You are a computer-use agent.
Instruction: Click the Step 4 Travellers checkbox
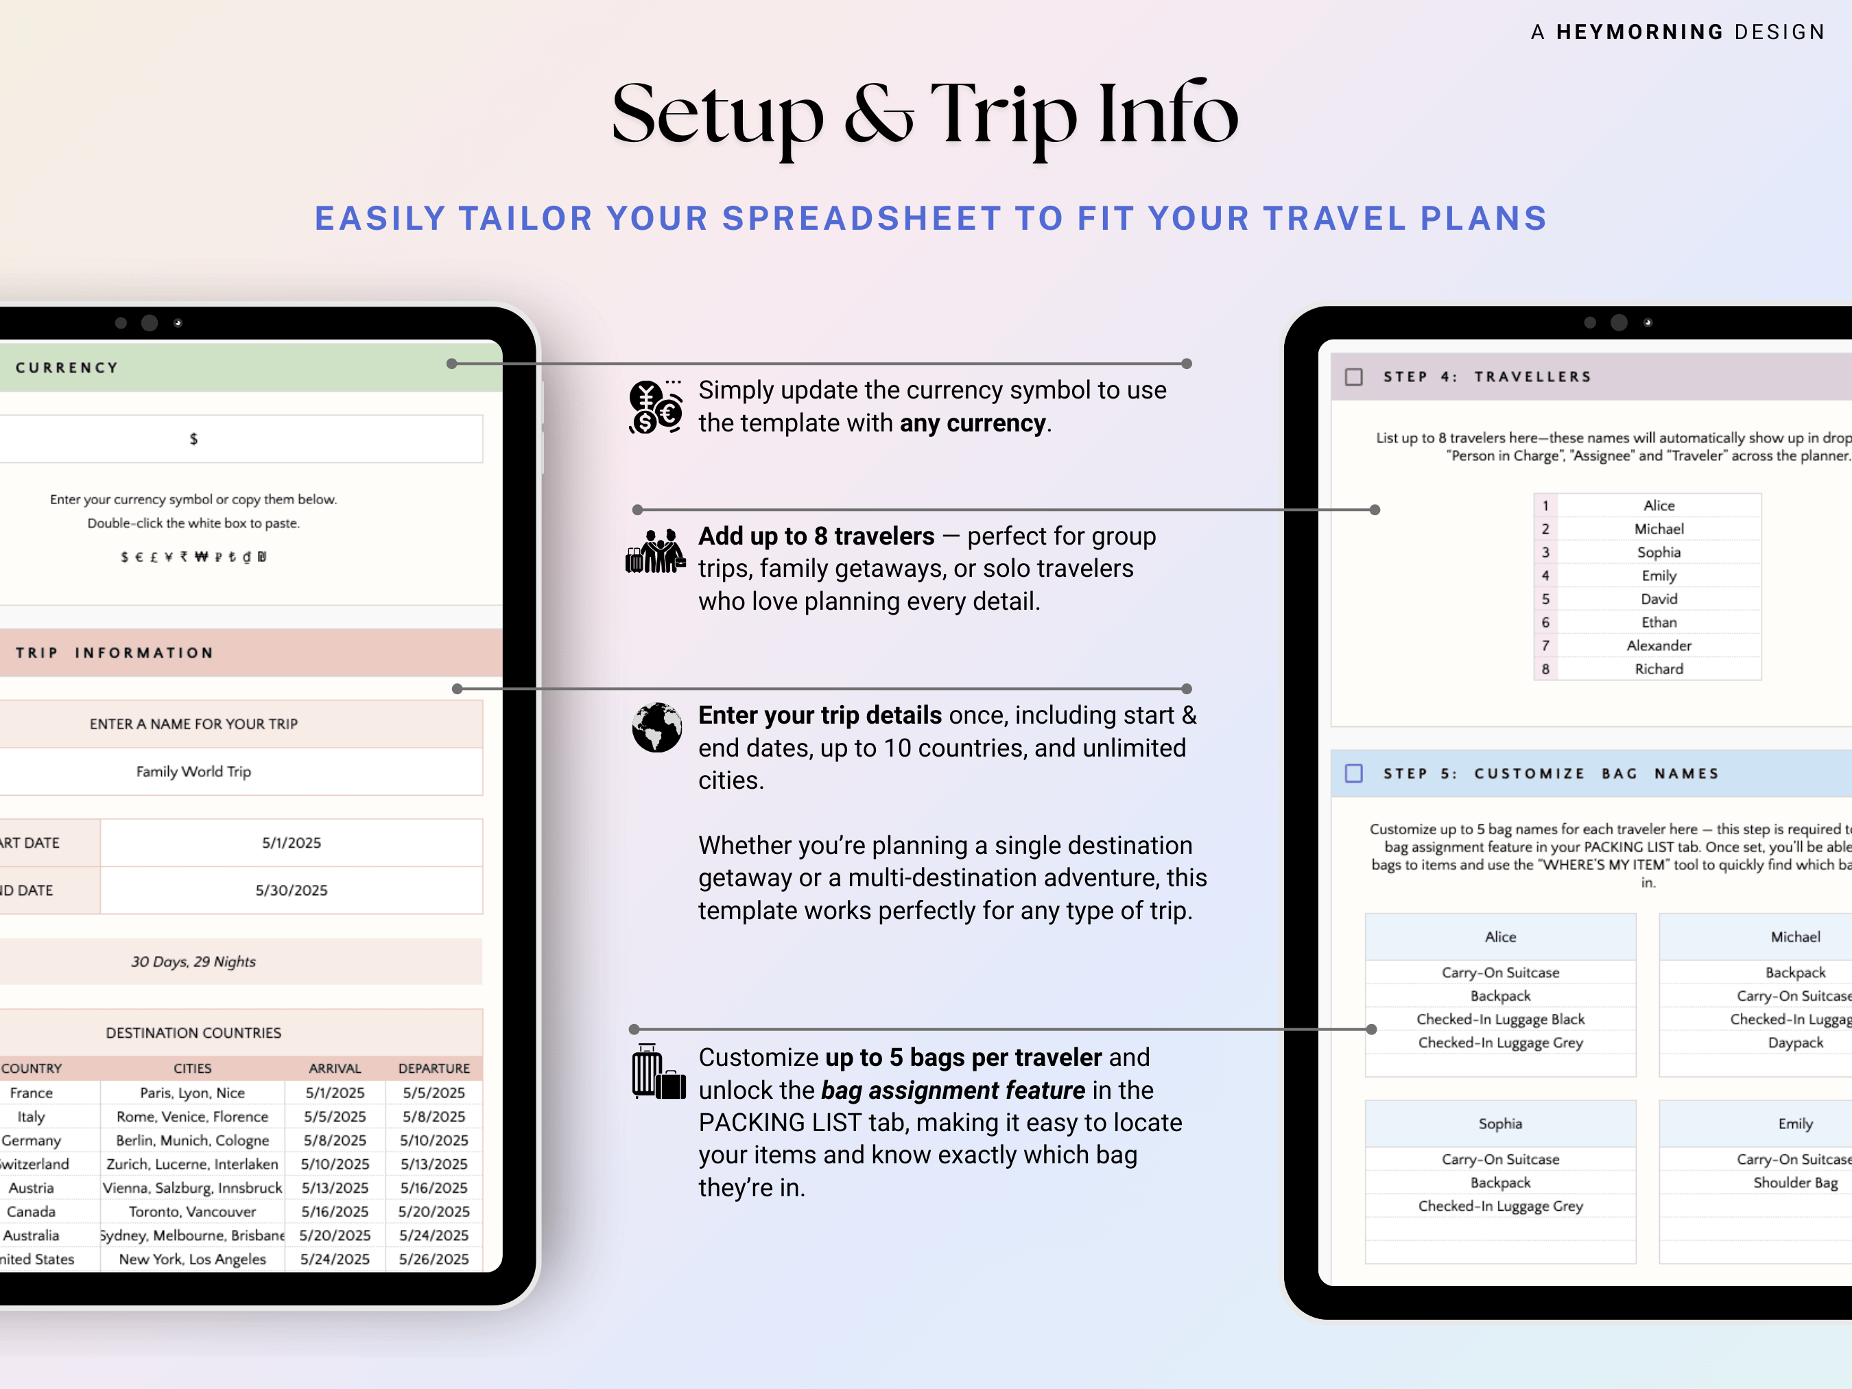[x=1353, y=377]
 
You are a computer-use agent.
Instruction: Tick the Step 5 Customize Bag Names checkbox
[x=1353, y=774]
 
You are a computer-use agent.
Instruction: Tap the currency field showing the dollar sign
[x=194, y=439]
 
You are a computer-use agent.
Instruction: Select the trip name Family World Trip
[x=193, y=771]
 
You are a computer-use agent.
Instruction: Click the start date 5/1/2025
[x=292, y=843]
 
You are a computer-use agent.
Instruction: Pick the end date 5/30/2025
[x=292, y=890]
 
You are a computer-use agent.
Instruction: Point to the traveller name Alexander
[x=1659, y=645]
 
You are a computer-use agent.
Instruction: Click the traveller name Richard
[x=1659, y=669]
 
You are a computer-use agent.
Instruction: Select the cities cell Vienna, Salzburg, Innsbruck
[x=193, y=1188]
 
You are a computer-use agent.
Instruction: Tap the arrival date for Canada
[x=335, y=1211]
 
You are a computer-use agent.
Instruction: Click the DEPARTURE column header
[x=434, y=1069]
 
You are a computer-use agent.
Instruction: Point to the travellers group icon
[x=656, y=551]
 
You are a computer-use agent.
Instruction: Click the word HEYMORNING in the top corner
[x=1639, y=32]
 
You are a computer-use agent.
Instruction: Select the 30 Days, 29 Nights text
[x=193, y=962]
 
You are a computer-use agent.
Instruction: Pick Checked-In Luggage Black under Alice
[x=1500, y=1019]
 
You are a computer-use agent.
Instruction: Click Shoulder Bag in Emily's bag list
[x=1795, y=1183]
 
